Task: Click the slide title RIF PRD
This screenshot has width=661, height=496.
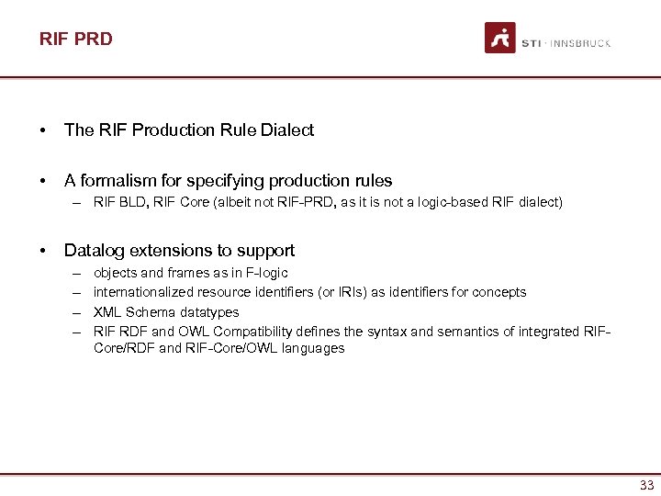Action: [x=75, y=39]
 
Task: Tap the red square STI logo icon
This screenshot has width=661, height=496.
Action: [x=500, y=38]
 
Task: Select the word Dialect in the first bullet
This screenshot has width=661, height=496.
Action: [x=286, y=130]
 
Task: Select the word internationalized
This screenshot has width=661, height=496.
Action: [x=144, y=292]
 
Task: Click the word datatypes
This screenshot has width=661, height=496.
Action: [x=208, y=312]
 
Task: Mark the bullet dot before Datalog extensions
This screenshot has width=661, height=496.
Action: [x=44, y=251]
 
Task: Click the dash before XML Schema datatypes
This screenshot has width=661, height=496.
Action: [x=73, y=312]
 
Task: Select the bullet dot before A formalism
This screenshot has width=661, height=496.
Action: [x=44, y=181]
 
